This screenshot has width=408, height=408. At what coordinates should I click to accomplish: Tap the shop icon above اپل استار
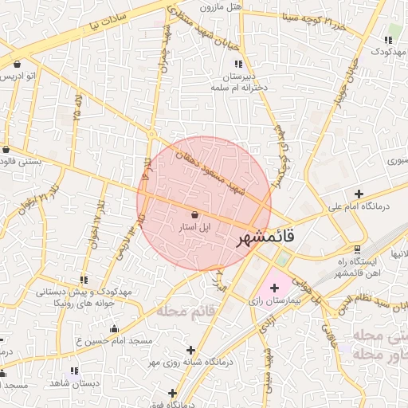[x=196, y=214]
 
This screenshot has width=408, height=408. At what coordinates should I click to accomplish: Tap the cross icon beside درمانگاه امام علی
[x=359, y=194]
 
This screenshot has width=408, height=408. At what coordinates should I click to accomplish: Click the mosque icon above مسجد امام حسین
[x=114, y=328]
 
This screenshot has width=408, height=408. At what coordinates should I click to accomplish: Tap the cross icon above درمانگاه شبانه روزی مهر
[x=190, y=349]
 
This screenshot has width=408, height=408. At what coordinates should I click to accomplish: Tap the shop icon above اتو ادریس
[x=18, y=64]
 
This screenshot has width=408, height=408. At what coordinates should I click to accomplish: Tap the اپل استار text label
[x=195, y=227]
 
